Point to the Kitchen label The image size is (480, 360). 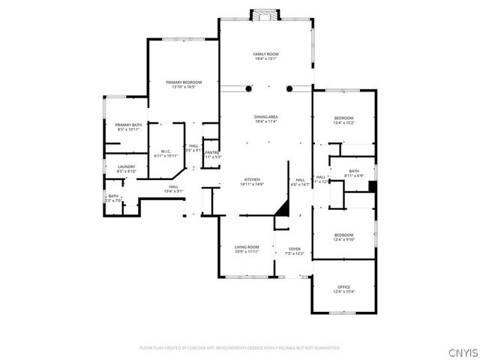[250, 181]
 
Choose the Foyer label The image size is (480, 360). [294, 251]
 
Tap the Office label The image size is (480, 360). [343, 289]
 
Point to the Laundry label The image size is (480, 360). [126, 169]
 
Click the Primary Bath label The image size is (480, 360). [128, 127]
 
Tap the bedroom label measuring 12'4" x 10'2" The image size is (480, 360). [343, 120]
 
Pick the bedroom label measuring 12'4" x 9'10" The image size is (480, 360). [343, 238]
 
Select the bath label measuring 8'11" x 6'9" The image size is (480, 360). [352, 173]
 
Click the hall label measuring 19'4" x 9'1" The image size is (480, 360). [173, 188]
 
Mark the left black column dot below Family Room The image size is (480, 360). [249, 89]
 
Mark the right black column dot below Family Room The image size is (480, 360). [289, 89]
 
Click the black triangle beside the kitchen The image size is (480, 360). [283, 208]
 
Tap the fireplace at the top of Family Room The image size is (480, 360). [265, 14]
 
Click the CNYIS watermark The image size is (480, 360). [462, 352]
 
